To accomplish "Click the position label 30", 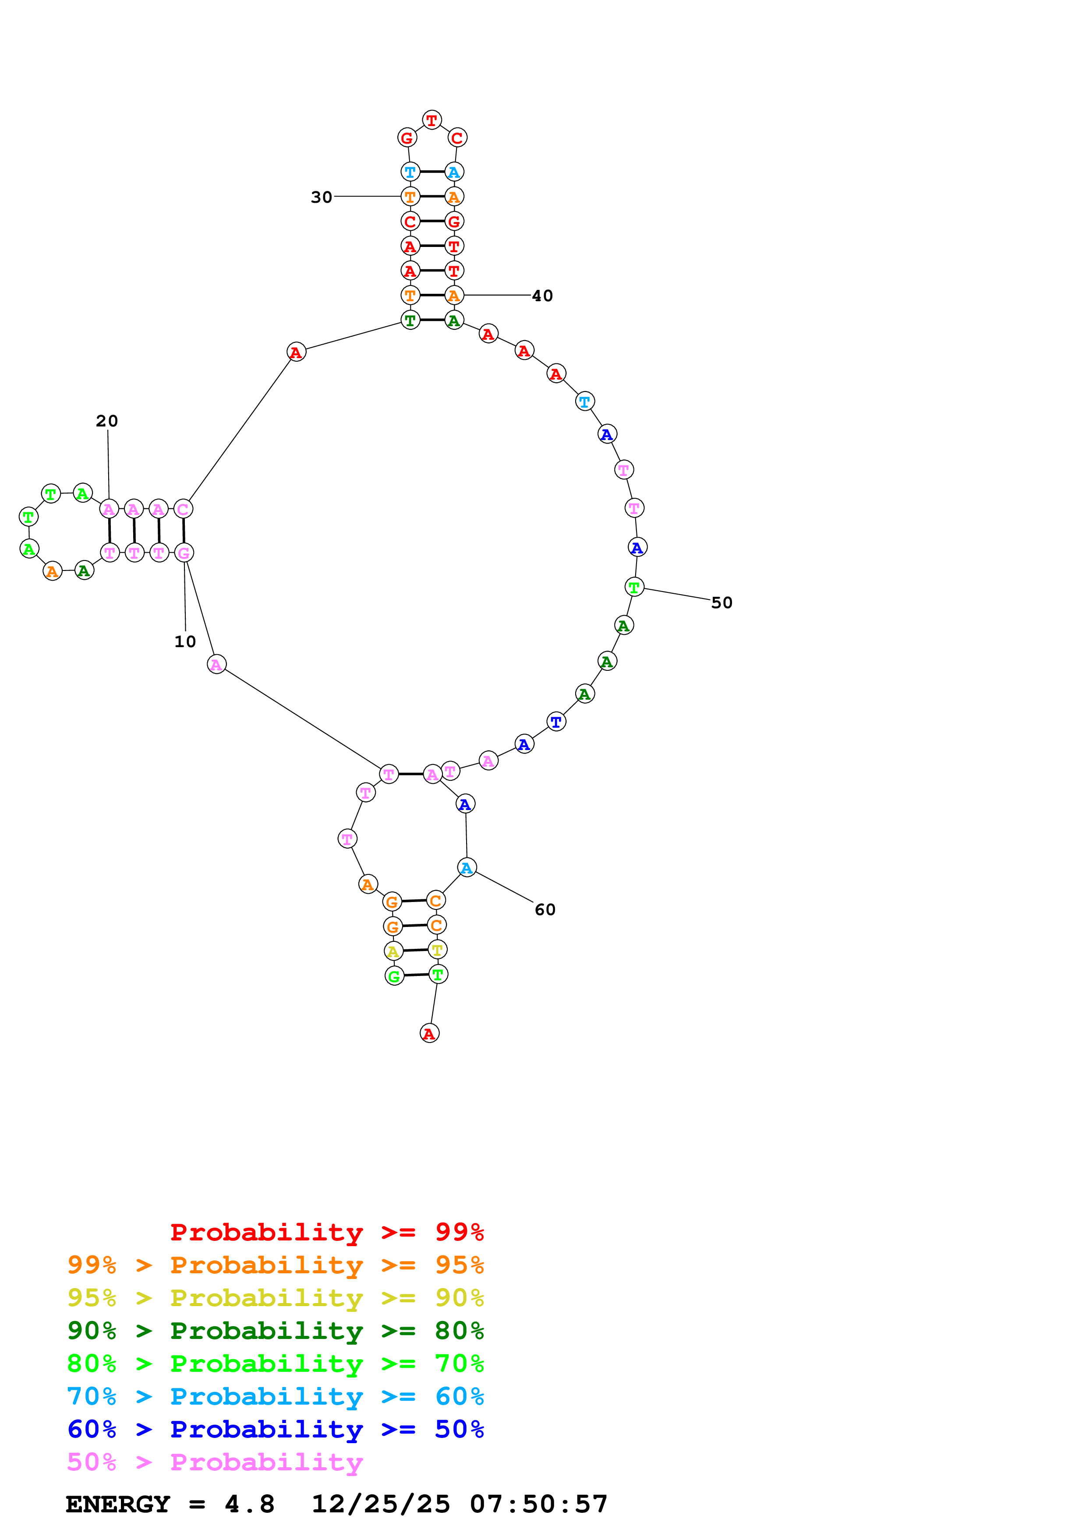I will [321, 197].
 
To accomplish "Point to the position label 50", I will [722, 603].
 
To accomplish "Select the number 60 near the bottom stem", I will [545, 910].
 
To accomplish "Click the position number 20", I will [107, 421].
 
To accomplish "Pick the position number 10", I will [185, 641].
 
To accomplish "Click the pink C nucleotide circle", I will [184, 509].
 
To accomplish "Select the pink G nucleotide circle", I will [184, 553].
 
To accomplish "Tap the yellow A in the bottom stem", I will [393, 951].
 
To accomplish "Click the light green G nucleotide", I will [395, 976].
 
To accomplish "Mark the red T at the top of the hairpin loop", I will [432, 120].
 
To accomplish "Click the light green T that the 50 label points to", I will [633, 587].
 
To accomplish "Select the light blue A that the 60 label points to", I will [467, 868].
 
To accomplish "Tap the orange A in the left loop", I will [52, 571].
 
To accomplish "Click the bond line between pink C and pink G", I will [184, 531].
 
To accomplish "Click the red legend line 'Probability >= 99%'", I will [326, 1232].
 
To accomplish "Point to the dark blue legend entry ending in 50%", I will [275, 1429].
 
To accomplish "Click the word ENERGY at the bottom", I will [118, 1504].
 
